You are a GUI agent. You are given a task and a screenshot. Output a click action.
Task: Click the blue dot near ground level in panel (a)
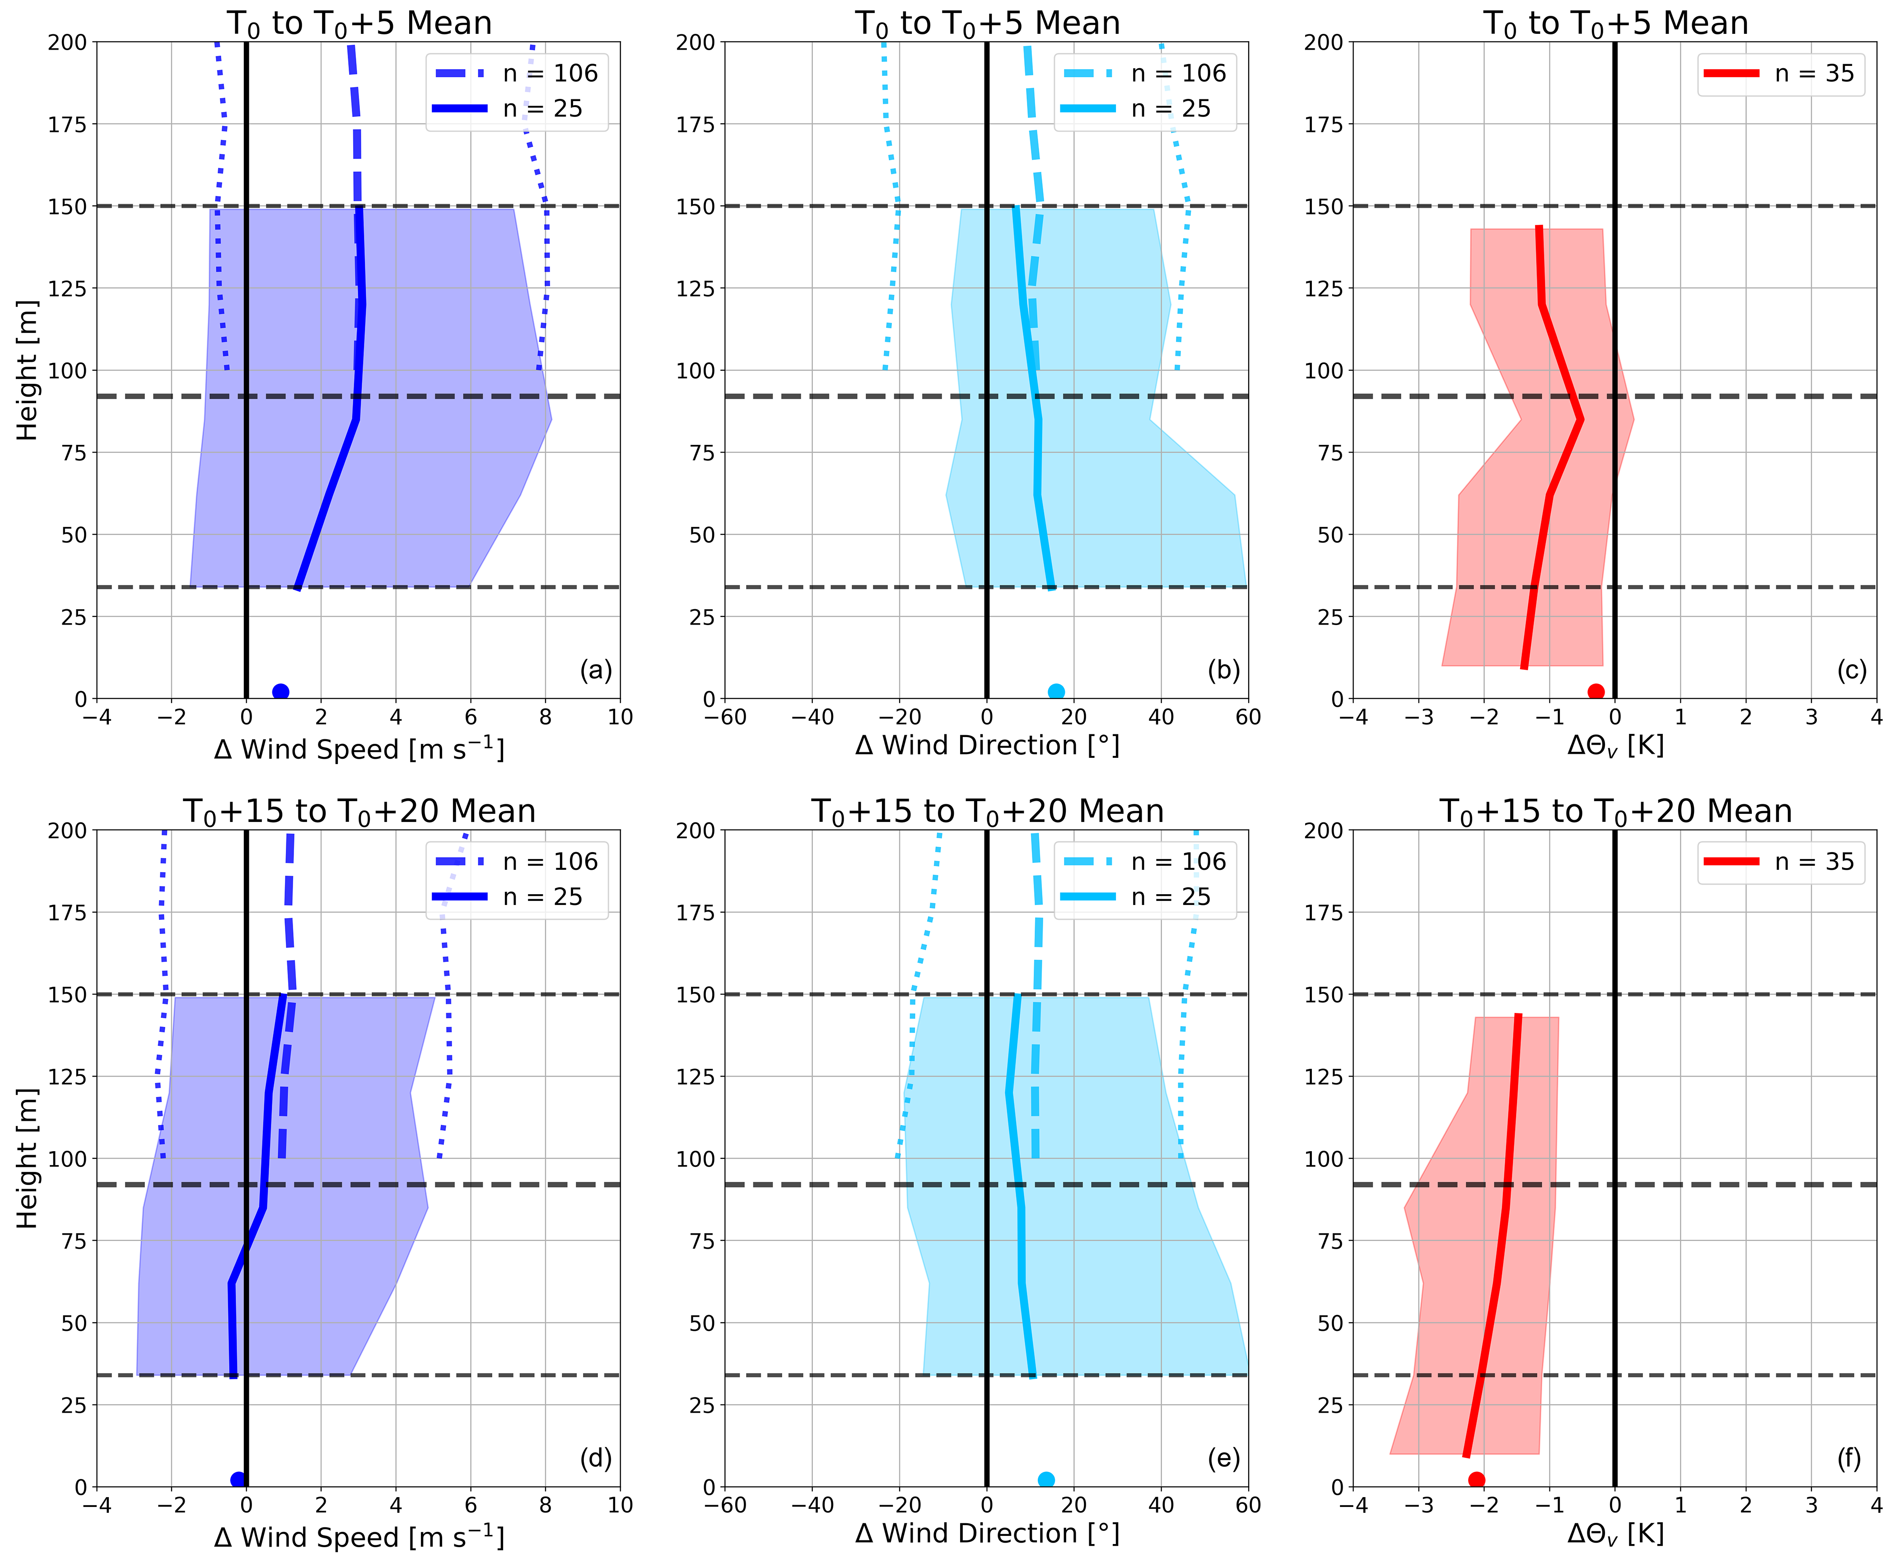tap(280, 691)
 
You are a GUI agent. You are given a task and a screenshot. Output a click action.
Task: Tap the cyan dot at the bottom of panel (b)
tap(1056, 691)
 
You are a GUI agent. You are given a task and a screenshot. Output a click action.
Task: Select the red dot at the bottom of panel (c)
tap(1596, 691)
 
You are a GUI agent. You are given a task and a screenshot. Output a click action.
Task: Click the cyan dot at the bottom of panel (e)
tap(1045, 1479)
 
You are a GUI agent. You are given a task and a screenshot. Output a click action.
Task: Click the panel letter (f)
tap(1848, 1458)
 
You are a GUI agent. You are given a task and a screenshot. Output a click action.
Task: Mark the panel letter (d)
tap(595, 1458)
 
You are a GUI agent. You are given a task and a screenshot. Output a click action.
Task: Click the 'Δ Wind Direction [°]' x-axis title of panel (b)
tap(987, 746)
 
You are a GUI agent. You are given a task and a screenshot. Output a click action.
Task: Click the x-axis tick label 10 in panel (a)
tap(621, 718)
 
